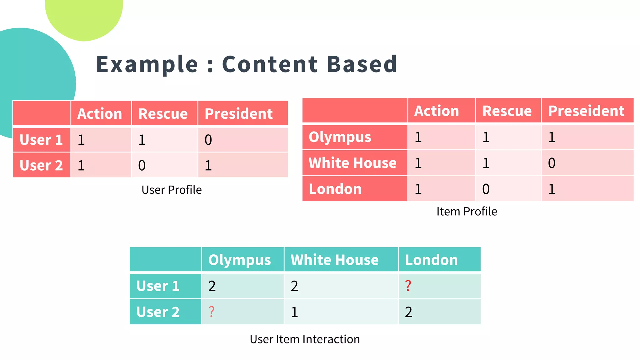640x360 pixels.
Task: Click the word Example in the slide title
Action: pyautogui.click(x=147, y=64)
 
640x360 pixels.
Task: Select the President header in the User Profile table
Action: pyautogui.click(x=238, y=113)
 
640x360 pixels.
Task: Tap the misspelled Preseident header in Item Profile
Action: pyautogui.click(x=586, y=111)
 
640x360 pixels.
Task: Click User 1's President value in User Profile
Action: pyautogui.click(x=208, y=140)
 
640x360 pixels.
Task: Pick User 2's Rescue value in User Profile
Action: pyautogui.click(x=142, y=165)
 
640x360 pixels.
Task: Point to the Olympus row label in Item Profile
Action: pyautogui.click(x=340, y=137)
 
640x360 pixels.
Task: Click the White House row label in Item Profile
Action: pyautogui.click(x=352, y=163)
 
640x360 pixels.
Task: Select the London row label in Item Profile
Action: pyautogui.click(x=335, y=189)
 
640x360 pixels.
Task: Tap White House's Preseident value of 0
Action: pyautogui.click(x=552, y=163)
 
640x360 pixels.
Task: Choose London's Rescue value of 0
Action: pyautogui.click(x=486, y=189)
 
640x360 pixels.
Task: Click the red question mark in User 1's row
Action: pyautogui.click(x=408, y=286)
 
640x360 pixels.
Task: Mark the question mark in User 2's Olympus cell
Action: pyautogui.click(x=212, y=312)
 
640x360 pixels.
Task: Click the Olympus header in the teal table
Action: pyautogui.click(x=239, y=260)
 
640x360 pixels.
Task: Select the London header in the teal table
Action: pyautogui.click(x=431, y=260)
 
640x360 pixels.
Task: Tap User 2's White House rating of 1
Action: pyautogui.click(x=294, y=312)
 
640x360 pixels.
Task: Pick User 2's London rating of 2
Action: pyautogui.click(x=408, y=312)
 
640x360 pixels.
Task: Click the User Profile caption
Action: pyautogui.click(x=172, y=190)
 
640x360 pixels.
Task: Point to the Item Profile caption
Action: pyautogui.click(x=467, y=212)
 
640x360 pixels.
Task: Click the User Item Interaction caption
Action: pyautogui.click(x=305, y=339)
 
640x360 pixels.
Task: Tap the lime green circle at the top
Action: pyautogui.click(x=84, y=16)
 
